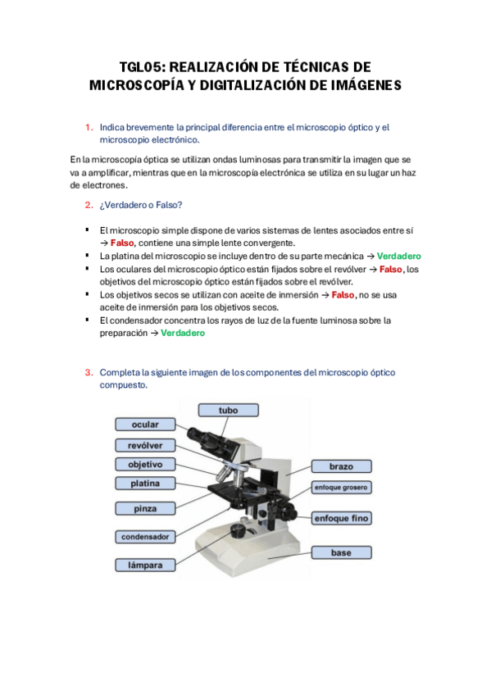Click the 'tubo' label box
228,410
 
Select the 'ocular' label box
145,425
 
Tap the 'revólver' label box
145,445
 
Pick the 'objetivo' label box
145,464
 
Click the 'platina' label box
145,483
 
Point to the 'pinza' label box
145,508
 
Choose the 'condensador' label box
145,537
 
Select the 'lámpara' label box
145,566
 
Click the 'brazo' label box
341,466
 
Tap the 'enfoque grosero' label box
341,487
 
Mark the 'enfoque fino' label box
341,518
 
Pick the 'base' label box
341,552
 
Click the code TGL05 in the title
142,67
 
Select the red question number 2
89,205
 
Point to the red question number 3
89,372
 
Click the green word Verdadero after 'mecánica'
399,257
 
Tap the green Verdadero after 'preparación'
183,333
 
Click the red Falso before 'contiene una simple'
122,243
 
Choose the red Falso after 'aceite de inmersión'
343,295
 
